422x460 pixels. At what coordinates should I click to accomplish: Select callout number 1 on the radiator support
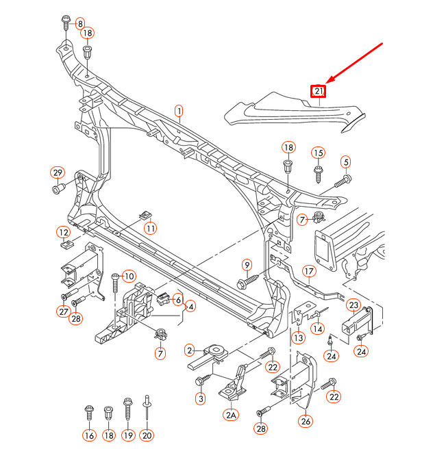point(179,110)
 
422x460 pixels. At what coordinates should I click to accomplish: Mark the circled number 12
point(63,232)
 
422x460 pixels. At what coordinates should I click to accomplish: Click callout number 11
point(150,227)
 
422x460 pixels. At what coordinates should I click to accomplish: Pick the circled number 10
point(129,275)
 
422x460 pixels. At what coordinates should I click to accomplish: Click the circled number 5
point(346,162)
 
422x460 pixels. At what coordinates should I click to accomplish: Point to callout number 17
point(309,270)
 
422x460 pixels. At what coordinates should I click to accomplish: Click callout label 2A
point(230,415)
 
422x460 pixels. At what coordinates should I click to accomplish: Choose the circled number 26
point(305,421)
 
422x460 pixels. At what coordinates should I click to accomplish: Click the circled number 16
point(89,435)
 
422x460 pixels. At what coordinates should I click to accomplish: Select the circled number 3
point(201,398)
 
